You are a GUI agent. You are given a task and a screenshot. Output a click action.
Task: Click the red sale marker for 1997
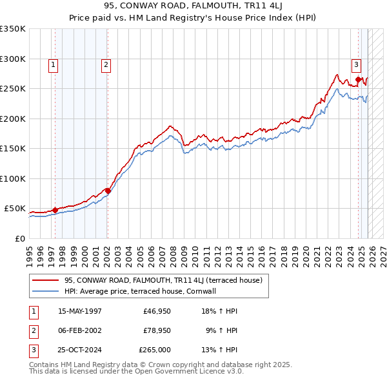pyautogui.click(x=55, y=210)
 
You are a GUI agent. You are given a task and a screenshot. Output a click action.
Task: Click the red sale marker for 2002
pyautogui.click(x=108, y=191)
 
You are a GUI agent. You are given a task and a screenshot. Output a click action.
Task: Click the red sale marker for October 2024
pyautogui.click(x=358, y=79)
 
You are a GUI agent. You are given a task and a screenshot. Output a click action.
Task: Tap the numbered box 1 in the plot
pyautogui.click(x=52, y=64)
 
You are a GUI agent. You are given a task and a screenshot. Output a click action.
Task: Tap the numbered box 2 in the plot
pyautogui.click(x=105, y=64)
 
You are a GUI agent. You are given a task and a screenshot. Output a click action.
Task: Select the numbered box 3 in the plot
pyautogui.click(x=355, y=64)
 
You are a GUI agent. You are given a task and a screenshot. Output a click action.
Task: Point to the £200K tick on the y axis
pyautogui.click(x=13, y=119)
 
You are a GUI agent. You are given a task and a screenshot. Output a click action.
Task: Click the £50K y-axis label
pyautogui.click(x=15, y=209)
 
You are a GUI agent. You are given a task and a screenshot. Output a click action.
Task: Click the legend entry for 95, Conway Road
pyautogui.click(x=163, y=280)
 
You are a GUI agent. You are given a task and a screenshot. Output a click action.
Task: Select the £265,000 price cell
pyautogui.click(x=155, y=350)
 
